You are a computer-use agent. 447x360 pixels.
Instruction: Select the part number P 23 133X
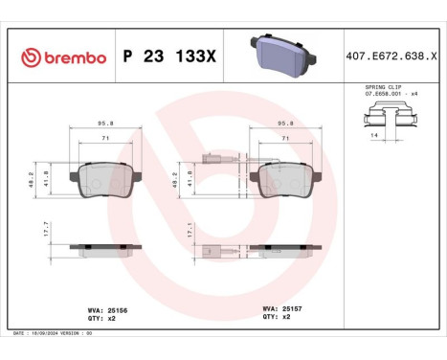click(170, 58)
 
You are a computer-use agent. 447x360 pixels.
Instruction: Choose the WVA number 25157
click(276, 309)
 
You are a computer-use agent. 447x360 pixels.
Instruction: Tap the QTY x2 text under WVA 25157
click(273, 317)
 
